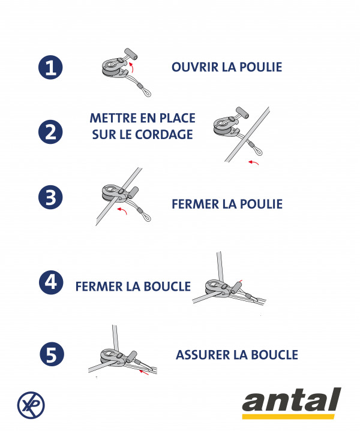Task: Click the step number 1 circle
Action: (x=50, y=67)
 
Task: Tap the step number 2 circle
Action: (x=50, y=132)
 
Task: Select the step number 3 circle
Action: (x=50, y=197)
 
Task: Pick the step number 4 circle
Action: (x=51, y=282)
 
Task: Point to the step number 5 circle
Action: (x=52, y=354)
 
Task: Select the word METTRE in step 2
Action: (x=113, y=118)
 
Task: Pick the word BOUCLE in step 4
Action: (x=167, y=287)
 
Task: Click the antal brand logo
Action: (x=292, y=403)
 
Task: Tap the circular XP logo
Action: (x=31, y=405)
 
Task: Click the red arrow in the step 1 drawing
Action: (x=132, y=67)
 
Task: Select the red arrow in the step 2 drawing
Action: (x=253, y=162)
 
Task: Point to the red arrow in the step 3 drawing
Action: (x=123, y=210)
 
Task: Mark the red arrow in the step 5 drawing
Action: (x=144, y=372)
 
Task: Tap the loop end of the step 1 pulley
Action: (x=146, y=91)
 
